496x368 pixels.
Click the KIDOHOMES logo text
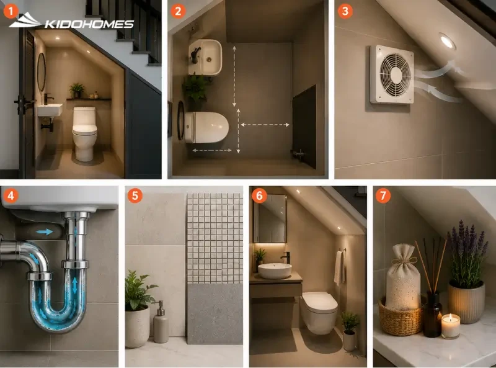[x=89, y=24]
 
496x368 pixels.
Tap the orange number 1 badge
[x=11, y=11]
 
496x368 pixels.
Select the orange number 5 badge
[x=135, y=195]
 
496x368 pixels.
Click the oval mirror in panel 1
[x=42, y=72]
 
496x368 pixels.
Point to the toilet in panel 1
[x=84, y=133]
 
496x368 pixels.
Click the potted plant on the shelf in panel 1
[x=76, y=91]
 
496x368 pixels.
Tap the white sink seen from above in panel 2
[x=205, y=57]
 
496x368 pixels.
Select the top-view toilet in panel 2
[x=206, y=127]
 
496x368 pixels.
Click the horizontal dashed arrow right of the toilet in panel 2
[x=265, y=125]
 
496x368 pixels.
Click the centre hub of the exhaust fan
[x=396, y=74]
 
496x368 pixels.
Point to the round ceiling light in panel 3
[x=447, y=41]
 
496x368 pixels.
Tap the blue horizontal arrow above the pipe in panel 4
[x=44, y=232]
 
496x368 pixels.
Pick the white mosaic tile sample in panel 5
[x=215, y=238]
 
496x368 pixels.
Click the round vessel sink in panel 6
[x=275, y=271]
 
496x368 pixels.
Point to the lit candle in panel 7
[x=451, y=326]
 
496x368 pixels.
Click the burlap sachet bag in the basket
[x=403, y=277]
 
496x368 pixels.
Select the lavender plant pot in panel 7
[x=467, y=302]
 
